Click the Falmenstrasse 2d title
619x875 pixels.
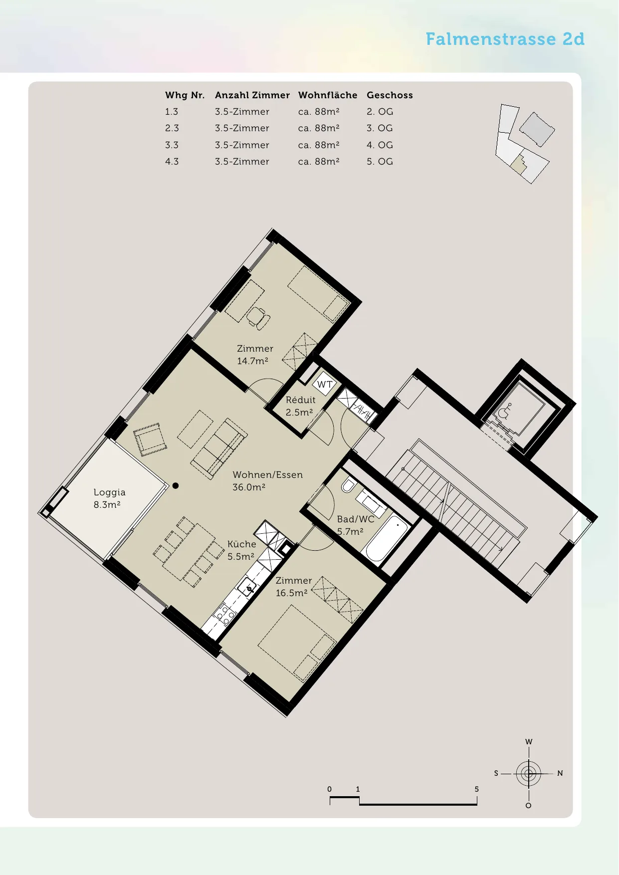click(x=505, y=39)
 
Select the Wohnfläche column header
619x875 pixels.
click(x=328, y=95)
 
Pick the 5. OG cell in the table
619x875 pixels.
click(x=380, y=162)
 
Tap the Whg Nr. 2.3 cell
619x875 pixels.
click(x=172, y=128)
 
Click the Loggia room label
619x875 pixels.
click(x=109, y=492)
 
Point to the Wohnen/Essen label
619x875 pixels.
click(x=268, y=475)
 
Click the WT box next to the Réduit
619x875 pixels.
click(x=325, y=384)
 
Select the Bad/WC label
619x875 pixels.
click(x=356, y=519)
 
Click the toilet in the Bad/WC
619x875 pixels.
click(x=348, y=485)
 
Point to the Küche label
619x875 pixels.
click(x=242, y=544)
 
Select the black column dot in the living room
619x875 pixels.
click(x=176, y=485)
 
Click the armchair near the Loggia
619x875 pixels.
click(x=150, y=439)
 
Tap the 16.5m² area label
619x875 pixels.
click(x=292, y=593)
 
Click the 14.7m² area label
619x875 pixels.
click(x=252, y=361)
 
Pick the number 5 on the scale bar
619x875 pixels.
click(x=477, y=789)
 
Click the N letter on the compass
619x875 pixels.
click(x=560, y=773)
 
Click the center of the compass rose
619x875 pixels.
click(x=529, y=774)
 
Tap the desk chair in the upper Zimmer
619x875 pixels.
click(x=259, y=318)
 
